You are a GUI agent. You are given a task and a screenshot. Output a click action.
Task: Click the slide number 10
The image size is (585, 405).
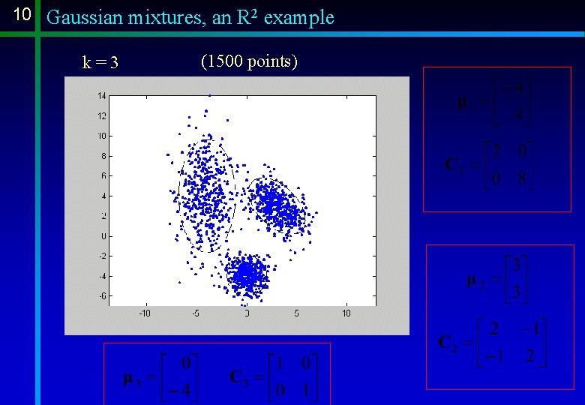(x=22, y=15)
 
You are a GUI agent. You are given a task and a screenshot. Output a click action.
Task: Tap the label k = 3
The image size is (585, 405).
(x=100, y=62)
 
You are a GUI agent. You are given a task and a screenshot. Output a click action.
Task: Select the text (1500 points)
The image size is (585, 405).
(x=249, y=61)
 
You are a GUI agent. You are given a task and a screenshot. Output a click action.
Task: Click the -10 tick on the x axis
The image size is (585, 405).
(x=145, y=313)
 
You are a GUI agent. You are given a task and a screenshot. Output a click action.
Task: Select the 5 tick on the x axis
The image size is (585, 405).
(x=296, y=313)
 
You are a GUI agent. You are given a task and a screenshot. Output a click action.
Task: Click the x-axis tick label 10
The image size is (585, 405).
(x=346, y=313)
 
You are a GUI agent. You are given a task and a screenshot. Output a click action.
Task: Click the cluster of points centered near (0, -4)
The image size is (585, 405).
(x=247, y=275)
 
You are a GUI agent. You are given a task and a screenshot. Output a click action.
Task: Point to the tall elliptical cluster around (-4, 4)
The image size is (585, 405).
(x=206, y=195)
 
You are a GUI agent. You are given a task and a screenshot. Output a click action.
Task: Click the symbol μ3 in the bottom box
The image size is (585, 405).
(x=131, y=377)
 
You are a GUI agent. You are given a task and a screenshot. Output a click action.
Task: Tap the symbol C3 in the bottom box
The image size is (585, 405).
(x=241, y=376)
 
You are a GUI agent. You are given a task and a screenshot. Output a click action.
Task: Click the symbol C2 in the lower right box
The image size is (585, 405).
(x=448, y=343)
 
